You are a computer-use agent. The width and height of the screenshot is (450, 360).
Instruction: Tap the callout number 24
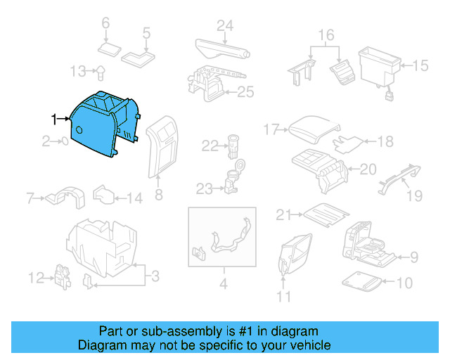(x=224, y=26)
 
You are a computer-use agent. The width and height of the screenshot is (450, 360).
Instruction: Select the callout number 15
(x=420, y=66)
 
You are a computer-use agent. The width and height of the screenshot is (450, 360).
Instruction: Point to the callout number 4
(x=224, y=285)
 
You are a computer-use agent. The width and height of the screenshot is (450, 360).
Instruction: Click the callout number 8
(x=158, y=194)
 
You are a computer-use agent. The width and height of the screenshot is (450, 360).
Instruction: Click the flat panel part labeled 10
(x=364, y=283)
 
